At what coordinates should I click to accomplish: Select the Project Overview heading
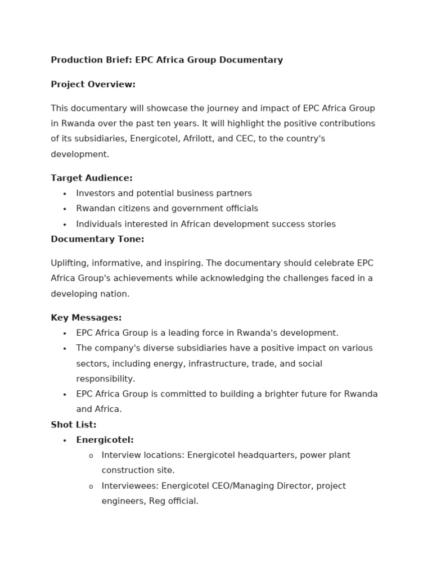[x=93, y=84]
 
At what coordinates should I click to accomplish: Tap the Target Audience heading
[x=92, y=178]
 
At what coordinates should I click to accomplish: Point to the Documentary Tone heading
[x=97, y=239]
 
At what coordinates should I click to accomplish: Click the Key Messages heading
[x=86, y=318]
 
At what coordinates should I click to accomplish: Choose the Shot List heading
[x=74, y=425]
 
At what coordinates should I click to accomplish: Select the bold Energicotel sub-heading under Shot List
[x=105, y=440]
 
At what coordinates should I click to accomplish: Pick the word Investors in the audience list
[x=96, y=193]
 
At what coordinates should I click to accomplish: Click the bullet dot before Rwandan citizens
[x=65, y=209]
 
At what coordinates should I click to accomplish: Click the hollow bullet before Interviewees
[x=91, y=487]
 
